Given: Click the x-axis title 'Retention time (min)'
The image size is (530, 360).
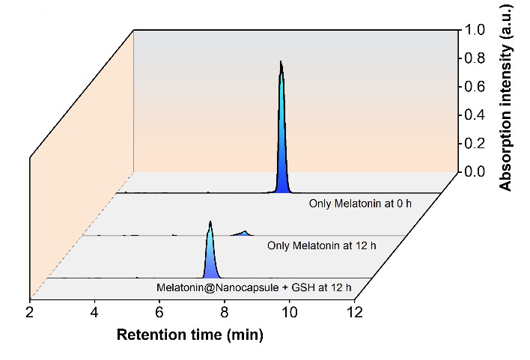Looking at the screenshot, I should pyautogui.click(x=190, y=335).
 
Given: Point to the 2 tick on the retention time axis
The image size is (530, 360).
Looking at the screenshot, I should pyautogui.click(x=30, y=311).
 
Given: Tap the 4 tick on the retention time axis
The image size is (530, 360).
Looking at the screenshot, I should pyautogui.click(x=95, y=311).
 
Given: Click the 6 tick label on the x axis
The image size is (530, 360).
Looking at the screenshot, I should pyautogui.click(x=159, y=311).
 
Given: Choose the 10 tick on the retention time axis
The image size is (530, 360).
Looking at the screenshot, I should pyautogui.click(x=288, y=311).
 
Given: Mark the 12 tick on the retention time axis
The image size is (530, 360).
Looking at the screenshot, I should pyautogui.click(x=353, y=311).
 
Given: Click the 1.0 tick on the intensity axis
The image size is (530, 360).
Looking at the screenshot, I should pyautogui.click(x=477, y=30).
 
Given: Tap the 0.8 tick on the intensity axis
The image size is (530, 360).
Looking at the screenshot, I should pyautogui.click(x=477, y=58).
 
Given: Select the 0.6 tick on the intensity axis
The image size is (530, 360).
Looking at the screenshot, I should pyautogui.click(x=477, y=87).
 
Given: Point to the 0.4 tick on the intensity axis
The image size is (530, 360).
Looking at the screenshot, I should pyautogui.click(x=477, y=115).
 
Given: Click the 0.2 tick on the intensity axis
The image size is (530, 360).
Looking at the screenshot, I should pyautogui.click(x=477, y=144).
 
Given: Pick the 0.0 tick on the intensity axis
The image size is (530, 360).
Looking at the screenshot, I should pyautogui.click(x=477, y=172).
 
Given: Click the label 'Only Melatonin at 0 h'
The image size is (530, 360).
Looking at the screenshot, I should pyautogui.click(x=360, y=204).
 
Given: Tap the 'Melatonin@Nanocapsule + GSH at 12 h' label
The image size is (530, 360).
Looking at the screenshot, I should pyautogui.click(x=254, y=287).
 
